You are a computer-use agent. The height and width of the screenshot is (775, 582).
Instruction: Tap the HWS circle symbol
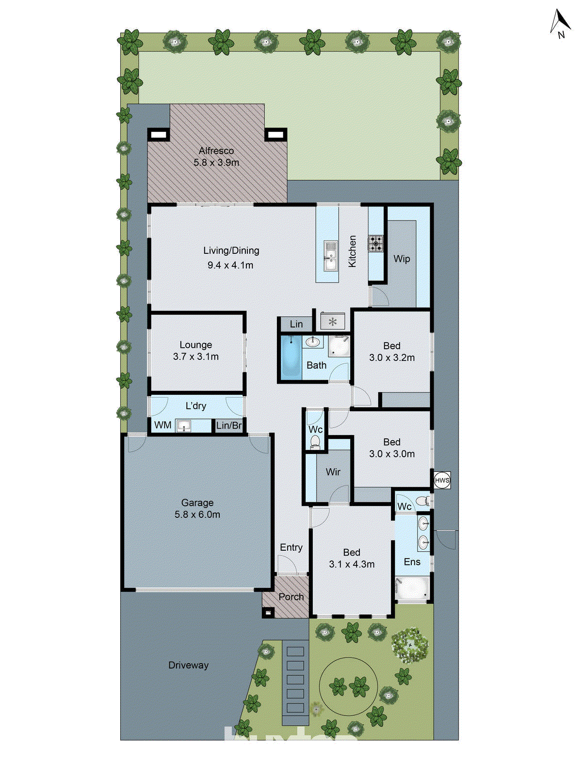tap(442, 480)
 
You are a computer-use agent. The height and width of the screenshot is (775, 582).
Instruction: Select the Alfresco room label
tap(216, 151)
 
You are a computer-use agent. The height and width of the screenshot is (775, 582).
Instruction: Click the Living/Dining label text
tap(231, 250)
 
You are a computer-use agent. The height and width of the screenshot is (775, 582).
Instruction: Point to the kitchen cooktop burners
tap(375, 243)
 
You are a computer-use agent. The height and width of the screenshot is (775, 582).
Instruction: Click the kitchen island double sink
tap(331, 256)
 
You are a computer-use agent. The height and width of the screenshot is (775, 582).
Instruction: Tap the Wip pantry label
tap(402, 259)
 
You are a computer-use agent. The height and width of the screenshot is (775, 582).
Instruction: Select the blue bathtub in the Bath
tap(291, 357)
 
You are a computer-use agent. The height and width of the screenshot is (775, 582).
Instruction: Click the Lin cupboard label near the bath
tap(296, 324)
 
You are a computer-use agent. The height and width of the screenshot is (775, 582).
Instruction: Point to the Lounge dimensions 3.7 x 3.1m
tap(196, 357)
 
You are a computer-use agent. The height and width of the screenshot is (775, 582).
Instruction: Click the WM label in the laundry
tap(162, 425)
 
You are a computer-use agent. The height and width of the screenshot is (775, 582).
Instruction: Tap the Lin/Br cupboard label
tap(229, 425)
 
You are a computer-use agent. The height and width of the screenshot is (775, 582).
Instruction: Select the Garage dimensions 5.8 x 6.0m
tap(197, 514)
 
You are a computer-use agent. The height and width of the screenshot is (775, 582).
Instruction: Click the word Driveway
tap(188, 665)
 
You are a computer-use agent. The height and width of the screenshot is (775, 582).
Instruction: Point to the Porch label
tap(291, 597)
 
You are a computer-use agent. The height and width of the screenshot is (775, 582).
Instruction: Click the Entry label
tap(291, 547)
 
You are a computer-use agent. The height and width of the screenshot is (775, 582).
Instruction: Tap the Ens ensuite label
tap(412, 562)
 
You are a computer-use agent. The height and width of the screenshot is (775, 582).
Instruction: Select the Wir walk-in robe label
tap(333, 472)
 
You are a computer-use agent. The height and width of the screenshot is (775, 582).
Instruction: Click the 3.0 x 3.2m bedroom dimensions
tap(392, 358)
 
